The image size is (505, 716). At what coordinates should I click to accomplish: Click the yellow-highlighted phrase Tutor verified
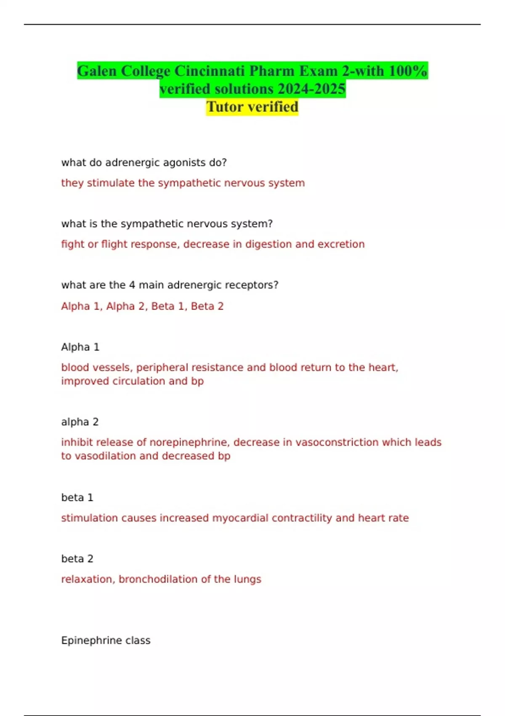[252, 107]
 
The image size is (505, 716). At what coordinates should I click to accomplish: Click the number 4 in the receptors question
[132, 285]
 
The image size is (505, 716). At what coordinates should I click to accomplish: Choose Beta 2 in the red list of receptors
[207, 306]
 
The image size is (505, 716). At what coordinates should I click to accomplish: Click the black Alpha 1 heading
[80, 347]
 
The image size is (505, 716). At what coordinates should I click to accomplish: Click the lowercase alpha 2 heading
[80, 422]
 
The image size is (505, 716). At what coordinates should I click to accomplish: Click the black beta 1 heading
[77, 497]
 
